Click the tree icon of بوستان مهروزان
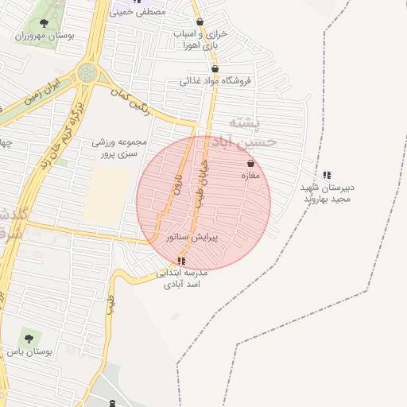[42, 23]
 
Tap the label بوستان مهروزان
[45, 37]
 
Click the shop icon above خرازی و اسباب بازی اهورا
[199, 22]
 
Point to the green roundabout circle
[87, 74]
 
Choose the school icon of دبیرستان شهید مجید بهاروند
[327, 175]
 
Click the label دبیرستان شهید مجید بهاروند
[327, 193]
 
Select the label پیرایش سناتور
[192, 237]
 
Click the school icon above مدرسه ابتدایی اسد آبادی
[182, 261]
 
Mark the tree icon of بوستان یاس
[29, 339]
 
